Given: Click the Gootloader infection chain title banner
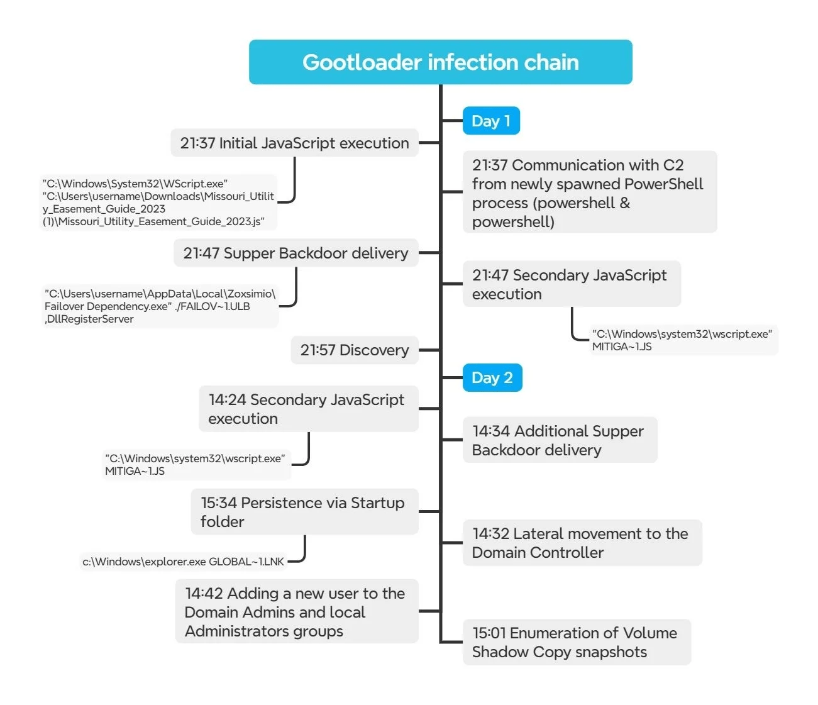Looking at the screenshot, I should [440, 62].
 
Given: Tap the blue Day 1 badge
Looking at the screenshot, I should [491, 121].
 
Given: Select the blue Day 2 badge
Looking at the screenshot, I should [492, 378].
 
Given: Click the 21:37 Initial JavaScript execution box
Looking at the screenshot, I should [294, 143].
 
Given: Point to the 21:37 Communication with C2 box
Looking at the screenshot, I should [589, 192].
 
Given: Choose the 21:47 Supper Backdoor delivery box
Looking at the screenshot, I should [296, 253].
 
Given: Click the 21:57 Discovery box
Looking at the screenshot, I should [354, 350].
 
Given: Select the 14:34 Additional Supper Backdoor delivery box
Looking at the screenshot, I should [560, 440].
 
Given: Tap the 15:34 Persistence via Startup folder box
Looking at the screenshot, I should [304, 512].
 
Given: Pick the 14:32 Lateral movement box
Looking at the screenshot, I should [582, 543].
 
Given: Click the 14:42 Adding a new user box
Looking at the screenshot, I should [296, 612].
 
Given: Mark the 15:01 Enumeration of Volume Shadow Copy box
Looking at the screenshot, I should [576, 642].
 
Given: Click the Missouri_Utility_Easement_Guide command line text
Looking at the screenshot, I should [158, 203].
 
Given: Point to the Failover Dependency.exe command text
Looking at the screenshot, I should [160, 306].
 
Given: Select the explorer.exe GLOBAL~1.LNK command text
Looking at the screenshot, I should [184, 562].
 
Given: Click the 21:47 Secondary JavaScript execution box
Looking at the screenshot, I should [571, 284].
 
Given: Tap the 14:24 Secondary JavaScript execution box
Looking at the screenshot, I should [308, 409].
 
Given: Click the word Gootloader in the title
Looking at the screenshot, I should [362, 62].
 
